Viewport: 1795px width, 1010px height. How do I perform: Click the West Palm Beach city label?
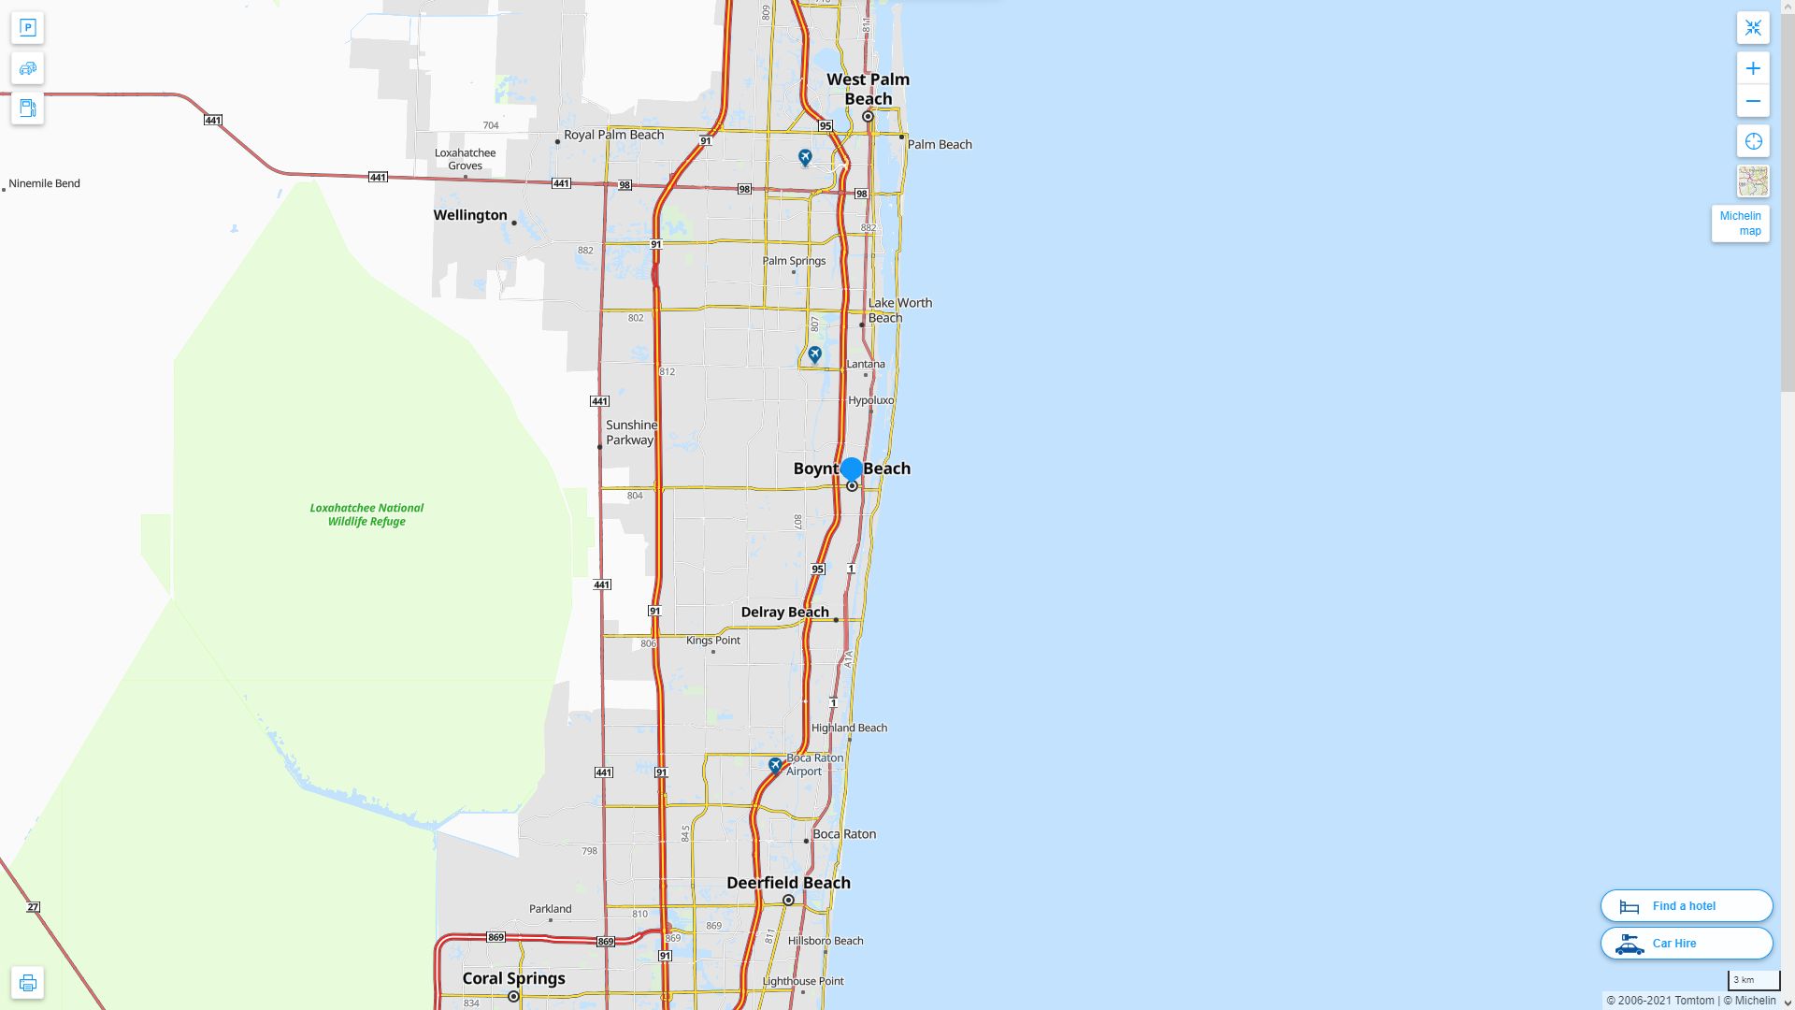(x=868, y=89)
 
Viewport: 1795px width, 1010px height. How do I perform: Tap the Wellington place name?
(x=470, y=215)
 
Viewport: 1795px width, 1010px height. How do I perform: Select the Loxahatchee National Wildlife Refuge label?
(x=366, y=514)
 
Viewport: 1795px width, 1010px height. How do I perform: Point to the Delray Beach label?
(x=784, y=613)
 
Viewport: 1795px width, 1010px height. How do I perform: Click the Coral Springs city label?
(x=513, y=978)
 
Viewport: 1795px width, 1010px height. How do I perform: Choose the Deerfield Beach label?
(x=788, y=883)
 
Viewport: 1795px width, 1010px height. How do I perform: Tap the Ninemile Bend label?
(x=44, y=183)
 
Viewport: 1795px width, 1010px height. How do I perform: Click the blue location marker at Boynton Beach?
(x=851, y=469)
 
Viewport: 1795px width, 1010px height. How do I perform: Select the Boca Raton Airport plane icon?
(x=775, y=765)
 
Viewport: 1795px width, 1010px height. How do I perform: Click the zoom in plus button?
(x=1753, y=68)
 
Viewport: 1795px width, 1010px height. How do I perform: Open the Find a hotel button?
(x=1686, y=906)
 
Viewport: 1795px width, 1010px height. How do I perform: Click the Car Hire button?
(x=1686, y=944)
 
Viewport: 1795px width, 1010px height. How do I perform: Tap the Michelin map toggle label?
(x=1740, y=224)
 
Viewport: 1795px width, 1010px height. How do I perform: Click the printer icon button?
(x=27, y=983)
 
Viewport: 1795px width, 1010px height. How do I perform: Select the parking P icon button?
(x=27, y=28)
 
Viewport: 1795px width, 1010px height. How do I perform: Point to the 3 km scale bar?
(x=1753, y=981)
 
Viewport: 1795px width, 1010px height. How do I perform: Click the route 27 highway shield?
(x=34, y=907)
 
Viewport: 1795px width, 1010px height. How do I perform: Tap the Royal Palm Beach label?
(x=613, y=135)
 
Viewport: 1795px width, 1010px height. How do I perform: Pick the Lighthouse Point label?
(x=803, y=981)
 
